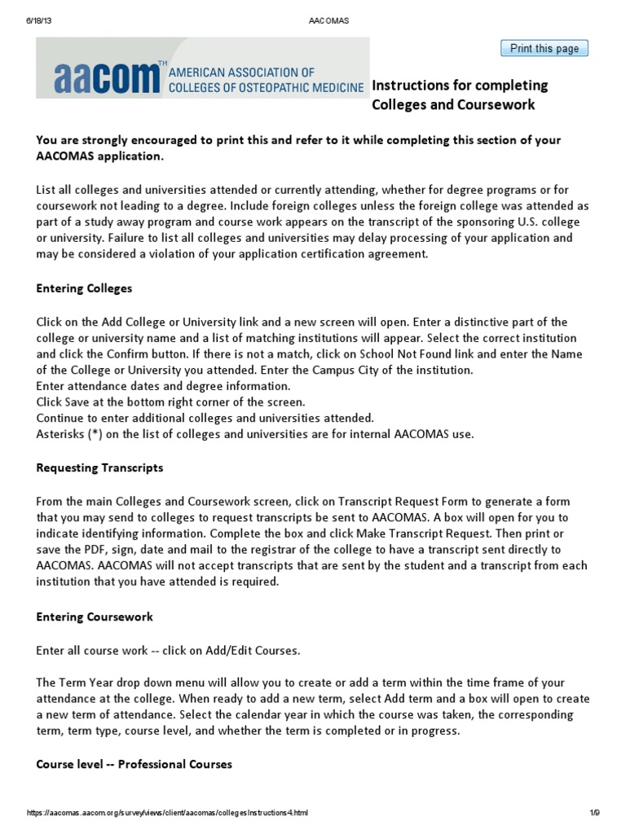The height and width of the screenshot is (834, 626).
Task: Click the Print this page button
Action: pyautogui.click(x=544, y=48)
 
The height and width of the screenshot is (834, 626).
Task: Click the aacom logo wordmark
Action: pyautogui.click(x=106, y=77)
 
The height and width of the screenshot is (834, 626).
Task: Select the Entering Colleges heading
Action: pyautogui.click(x=84, y=288)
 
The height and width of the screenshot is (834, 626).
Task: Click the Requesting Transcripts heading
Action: pyautogui.click(x=99, y=467)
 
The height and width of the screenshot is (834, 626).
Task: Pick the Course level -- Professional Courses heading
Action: pyautogui.click(x=134, y=764)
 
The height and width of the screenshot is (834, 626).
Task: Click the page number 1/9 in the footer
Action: pyautogui.click(x=593, y=813)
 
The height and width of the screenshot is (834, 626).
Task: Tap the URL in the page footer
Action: pyautogui.click(x=168, y=813)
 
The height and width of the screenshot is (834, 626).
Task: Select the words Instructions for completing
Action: pyautogui.click(x=460, y=86)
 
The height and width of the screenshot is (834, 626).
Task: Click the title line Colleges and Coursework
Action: pyautogui.click(x=453, y=105)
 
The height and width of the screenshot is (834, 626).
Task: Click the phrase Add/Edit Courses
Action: pyautogui.click(x=253, y=650)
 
